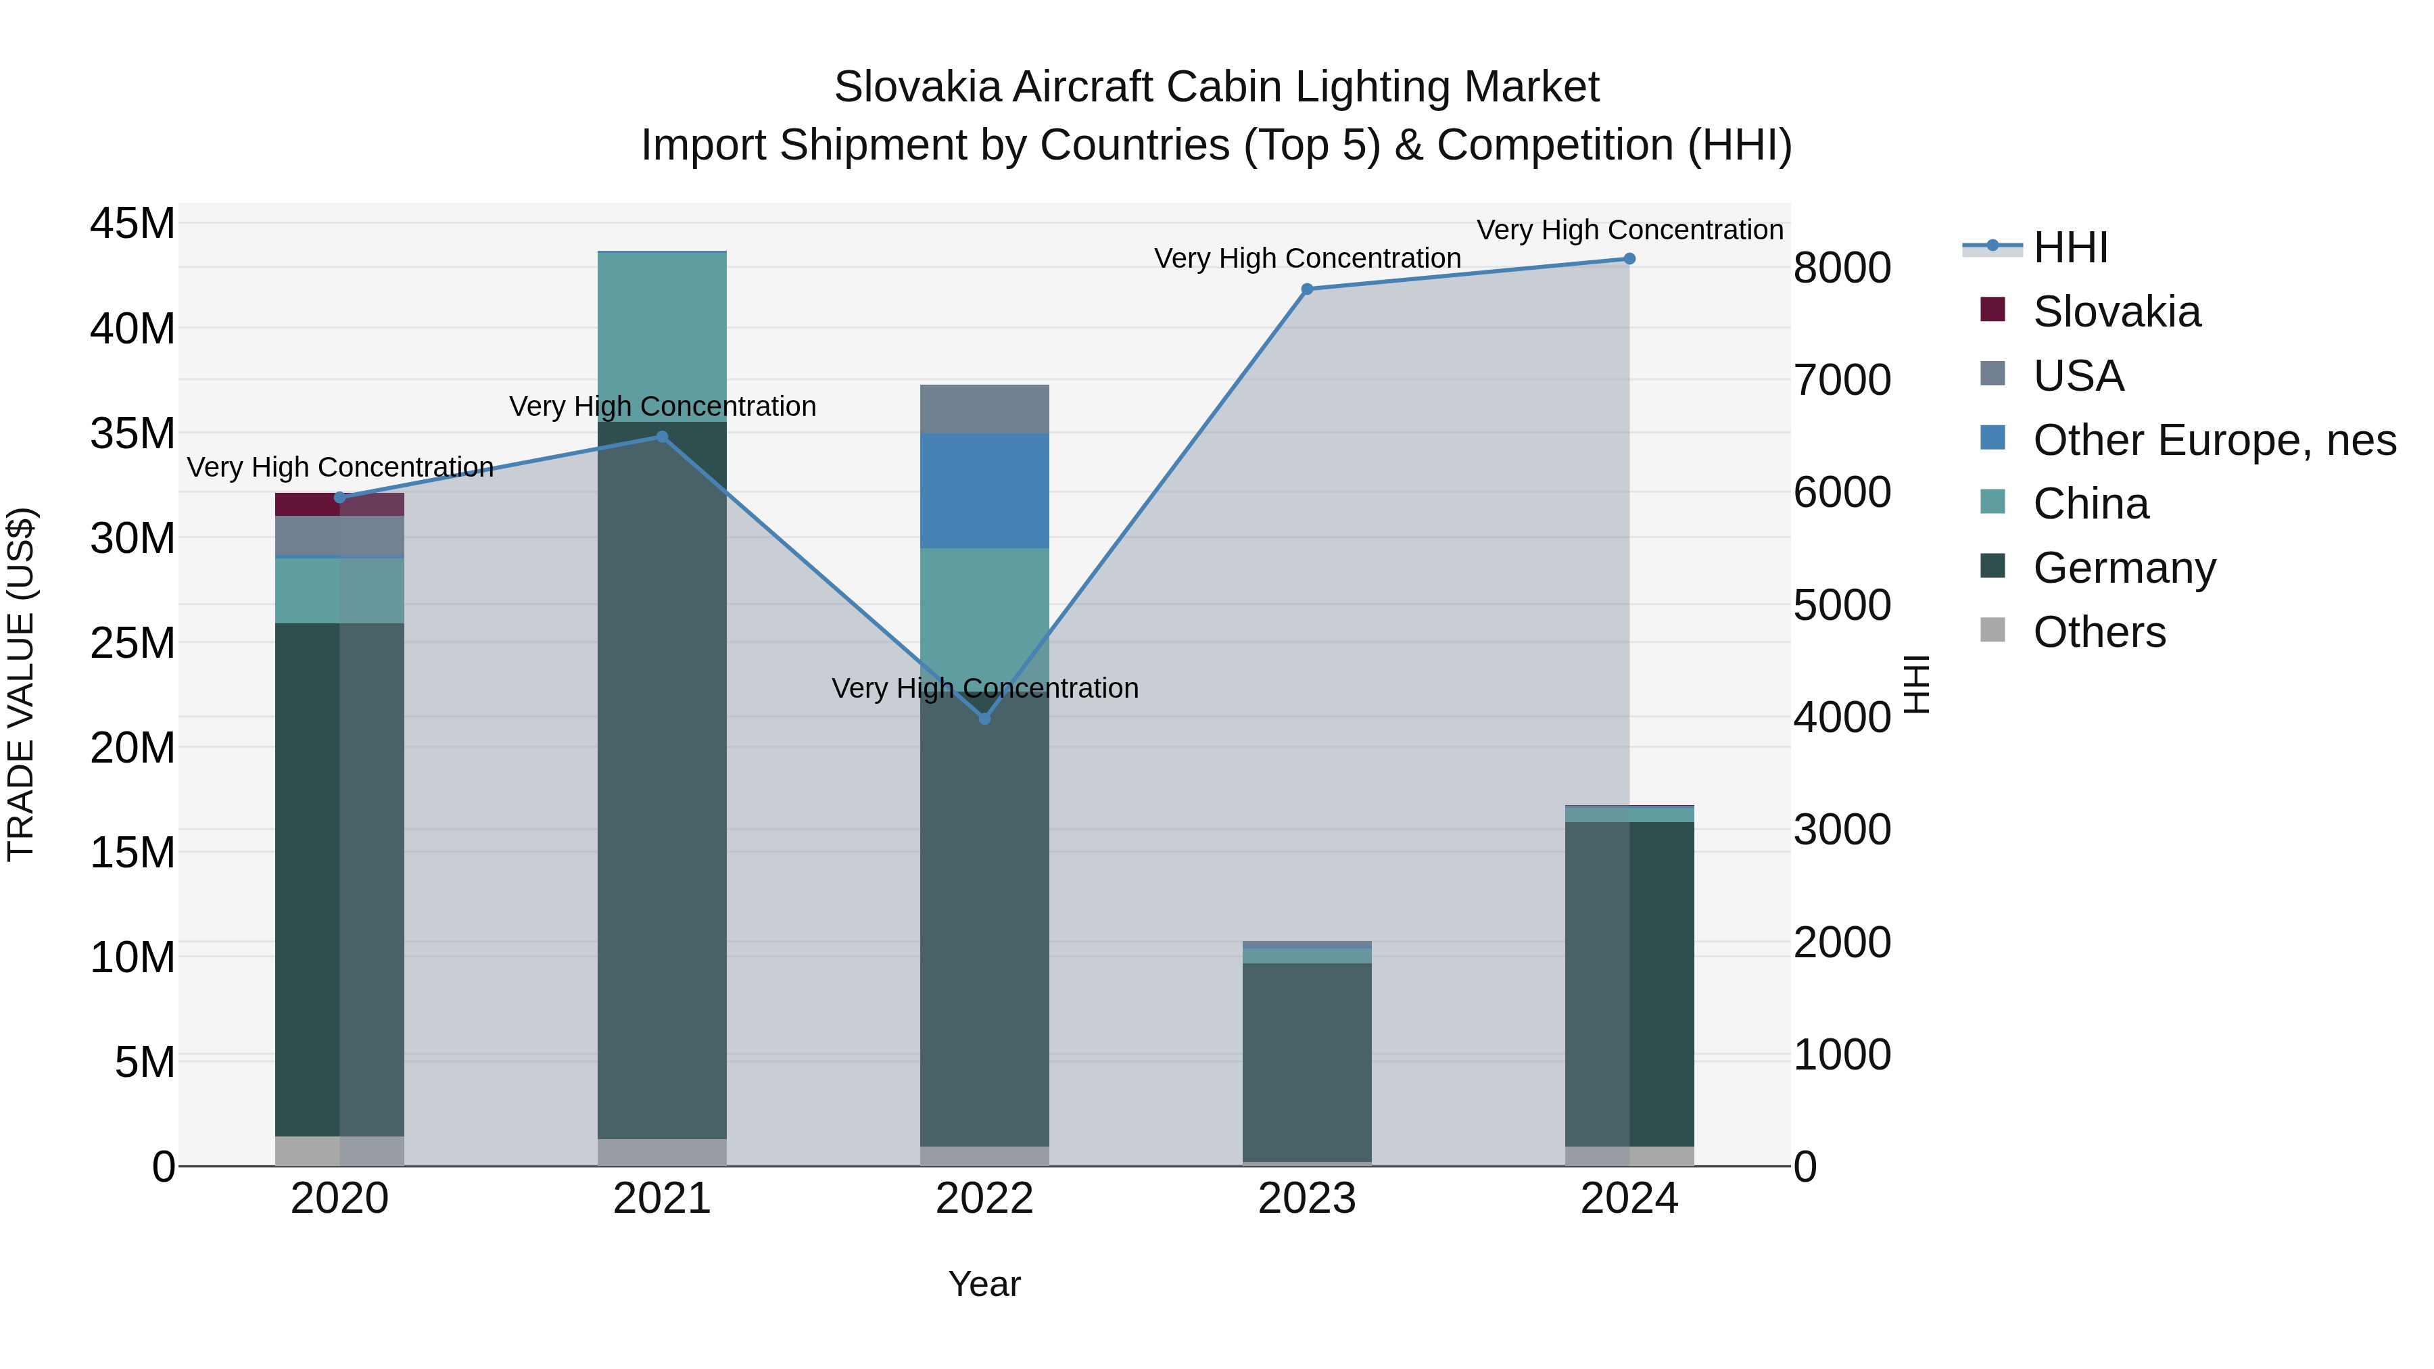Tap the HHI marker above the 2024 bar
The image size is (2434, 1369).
tap(1629, 259)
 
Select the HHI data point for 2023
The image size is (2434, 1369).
tap(1307, 289)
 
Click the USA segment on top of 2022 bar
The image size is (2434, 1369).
tap(984, 409)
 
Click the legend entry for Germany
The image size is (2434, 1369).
tap(2124, 568)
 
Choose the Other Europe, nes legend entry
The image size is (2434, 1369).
tap(2214, 440)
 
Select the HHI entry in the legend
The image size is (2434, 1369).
tap(2070, 247)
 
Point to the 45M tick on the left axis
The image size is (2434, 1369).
tap(133, 224)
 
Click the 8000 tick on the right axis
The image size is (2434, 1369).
tap(1842, 268)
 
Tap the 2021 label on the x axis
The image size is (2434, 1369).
tap(663, 1199)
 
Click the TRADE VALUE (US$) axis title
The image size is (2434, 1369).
tap(21, 684)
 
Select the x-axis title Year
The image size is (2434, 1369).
tap(984, 1284)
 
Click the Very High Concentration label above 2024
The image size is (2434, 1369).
tap(1629, 230)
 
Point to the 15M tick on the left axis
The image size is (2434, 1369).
tap(133, 852)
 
